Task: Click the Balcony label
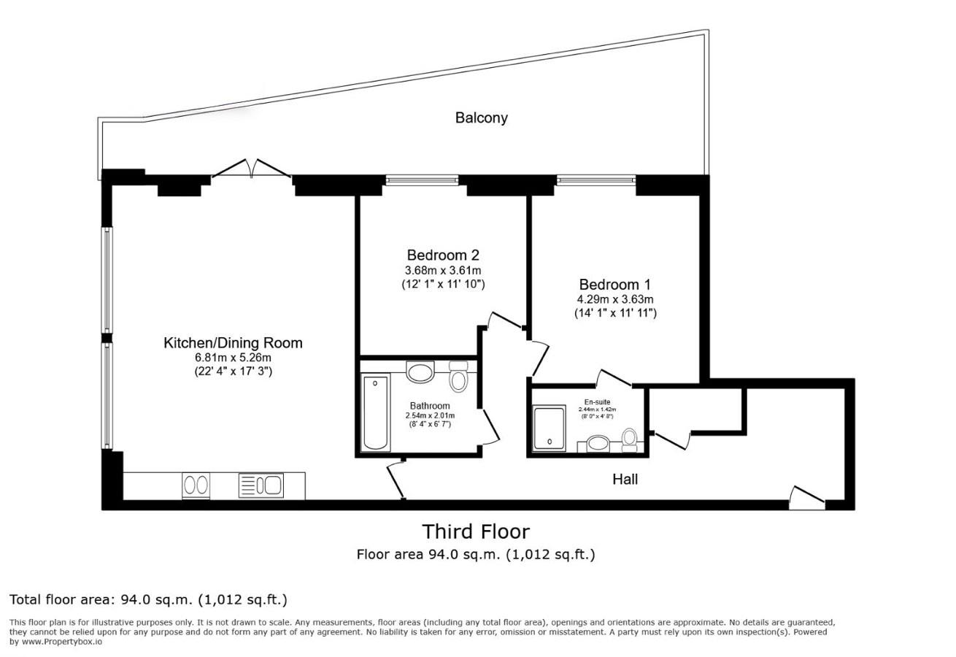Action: (x=481, y=118)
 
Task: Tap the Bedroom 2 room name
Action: (x=443, y=255)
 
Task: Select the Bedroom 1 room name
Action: (x=614, y=285)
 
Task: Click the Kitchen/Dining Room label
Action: (x=232, y=343)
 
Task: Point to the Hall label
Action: (x=625, y=480)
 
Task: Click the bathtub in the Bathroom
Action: (x=377, y=412)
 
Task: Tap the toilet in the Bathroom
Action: (x=458, y=378)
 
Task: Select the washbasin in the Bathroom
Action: (x=420, y=372)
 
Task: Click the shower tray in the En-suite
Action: (x=549, y=428)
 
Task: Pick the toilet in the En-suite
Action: (x=629, y=439)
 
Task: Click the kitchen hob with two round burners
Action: (x=196, y=485)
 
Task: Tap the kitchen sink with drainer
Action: (x=261, y=485)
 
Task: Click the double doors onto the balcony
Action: (x=252, y=169)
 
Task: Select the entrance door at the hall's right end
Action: (x=806, y=498)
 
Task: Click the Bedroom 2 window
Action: (x=422, y=180)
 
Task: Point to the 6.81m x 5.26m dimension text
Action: (x=232, y=358)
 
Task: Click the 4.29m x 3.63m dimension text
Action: (x=614, y=299)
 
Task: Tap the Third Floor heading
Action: (x=476, y=531)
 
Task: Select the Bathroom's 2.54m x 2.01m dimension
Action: (x=430, y=416)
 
